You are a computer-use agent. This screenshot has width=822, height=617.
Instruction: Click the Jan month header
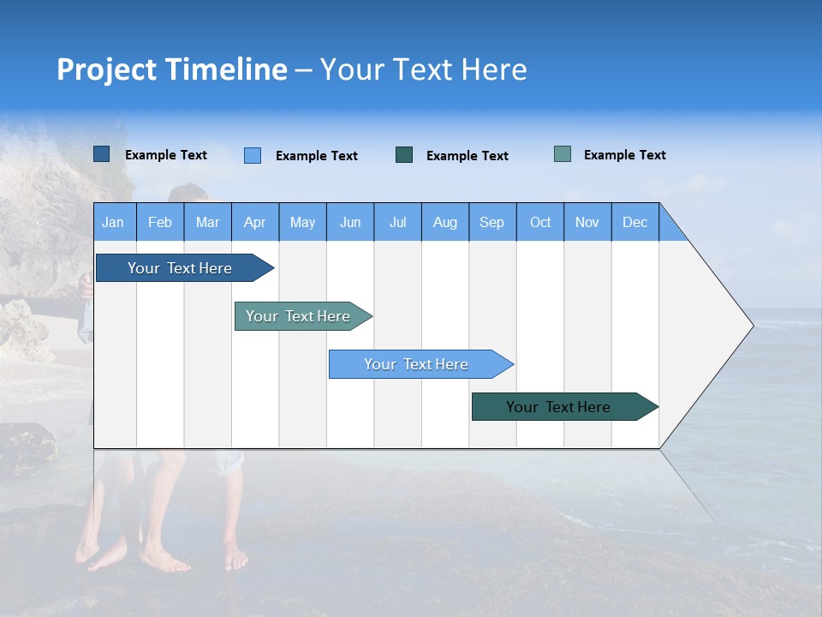(x=114, y=222)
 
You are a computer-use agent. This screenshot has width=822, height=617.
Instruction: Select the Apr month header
(x=255, y=222)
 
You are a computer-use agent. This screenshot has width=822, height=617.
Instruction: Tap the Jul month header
(x=397, y=222)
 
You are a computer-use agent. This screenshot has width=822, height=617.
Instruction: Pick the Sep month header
(x=492, y=222)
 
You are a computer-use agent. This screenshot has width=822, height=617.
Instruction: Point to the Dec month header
(x=634, y=222)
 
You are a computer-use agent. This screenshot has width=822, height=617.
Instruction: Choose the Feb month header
(x=160, y=222)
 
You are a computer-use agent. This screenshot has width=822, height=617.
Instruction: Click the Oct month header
(x=540, y=222)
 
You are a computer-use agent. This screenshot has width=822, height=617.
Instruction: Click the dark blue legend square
(x=102, y=154)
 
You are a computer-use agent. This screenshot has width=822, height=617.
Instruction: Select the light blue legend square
(x=253, y=155)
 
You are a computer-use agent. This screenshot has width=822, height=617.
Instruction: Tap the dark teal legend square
(x=404, y=155)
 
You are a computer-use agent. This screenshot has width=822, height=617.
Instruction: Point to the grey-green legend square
(x=563, y=154)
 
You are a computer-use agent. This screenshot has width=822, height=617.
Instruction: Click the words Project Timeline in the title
(x=171, y=69)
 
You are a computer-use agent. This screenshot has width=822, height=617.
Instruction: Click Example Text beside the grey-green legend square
(x=624, y=155)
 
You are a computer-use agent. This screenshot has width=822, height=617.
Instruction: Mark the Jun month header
(x=350, y=222)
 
